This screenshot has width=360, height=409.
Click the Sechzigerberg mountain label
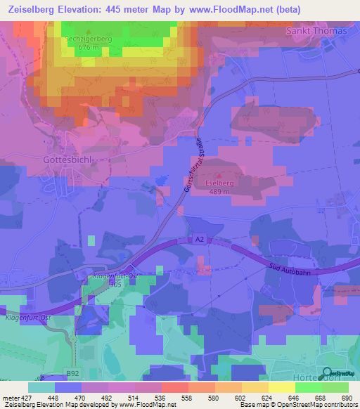pyautogui.click(x=90, y=39)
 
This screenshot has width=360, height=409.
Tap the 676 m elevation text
pyautogui.click(x=90, y=48)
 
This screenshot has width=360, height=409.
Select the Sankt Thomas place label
pyautogui.click(x=316, y=31)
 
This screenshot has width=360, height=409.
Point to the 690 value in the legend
pyautogui.click(x=345, y=398)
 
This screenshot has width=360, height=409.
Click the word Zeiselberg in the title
pyautogui.click(x=32, y=10)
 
